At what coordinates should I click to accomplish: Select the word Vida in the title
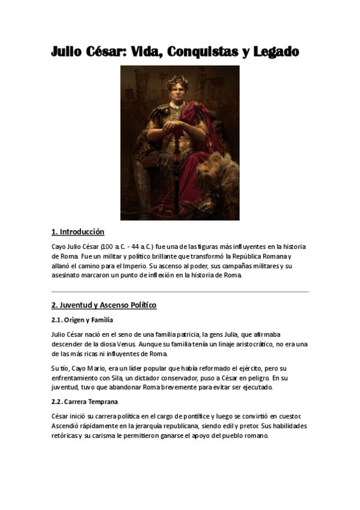(138, 52)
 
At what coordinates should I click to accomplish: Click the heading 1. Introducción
(78, 232)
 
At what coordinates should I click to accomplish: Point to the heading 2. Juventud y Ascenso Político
(104, 305)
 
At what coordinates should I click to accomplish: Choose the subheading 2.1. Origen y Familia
(82, 320)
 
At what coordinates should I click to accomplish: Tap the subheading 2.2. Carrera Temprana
(85, 401)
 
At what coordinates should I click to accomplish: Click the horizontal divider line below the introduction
(180, 292)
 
